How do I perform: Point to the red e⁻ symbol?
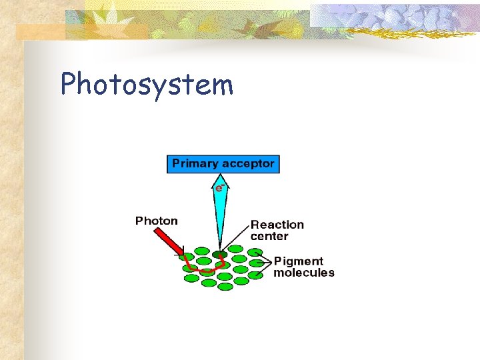coord(218,189)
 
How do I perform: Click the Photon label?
coord(157,221)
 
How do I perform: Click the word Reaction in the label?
coord(277,225)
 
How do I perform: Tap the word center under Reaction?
coord(269,236)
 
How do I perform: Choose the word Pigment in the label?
coord(298,261)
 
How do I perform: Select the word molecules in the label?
coord(304,273)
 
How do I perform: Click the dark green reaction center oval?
coord(219,254)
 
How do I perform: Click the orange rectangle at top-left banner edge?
coord(40,32)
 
